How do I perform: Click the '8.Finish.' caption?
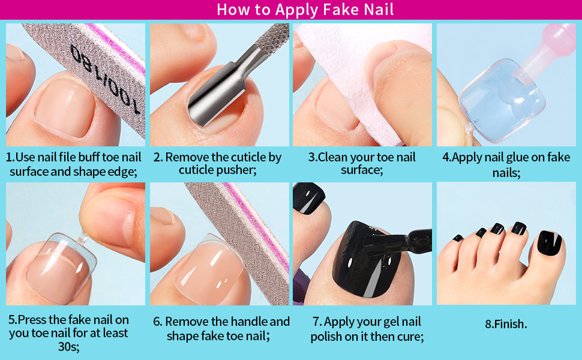point(506,324)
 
